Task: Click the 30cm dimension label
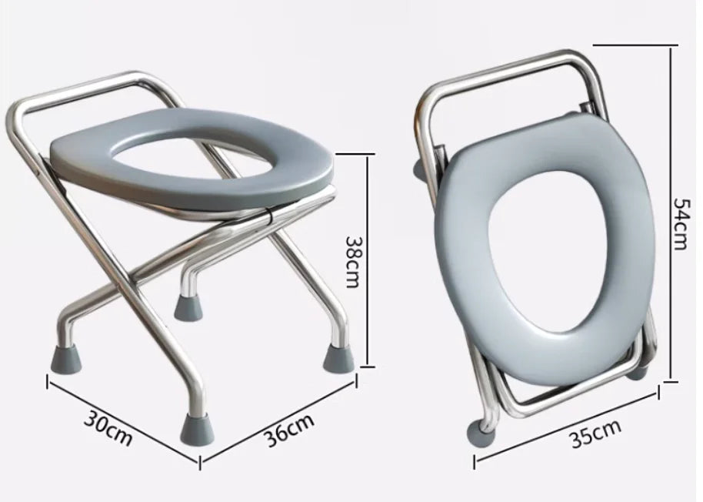[x=108, y=428]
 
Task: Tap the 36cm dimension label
[x=288, y=430]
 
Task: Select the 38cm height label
[x=352, y=262]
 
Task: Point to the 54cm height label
[x=680, y=224]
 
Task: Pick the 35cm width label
[x=596, y=433]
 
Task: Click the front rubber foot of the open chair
[x=197, y=429]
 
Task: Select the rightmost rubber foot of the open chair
[x=338, y=356]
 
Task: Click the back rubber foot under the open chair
[x=188, y=306]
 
